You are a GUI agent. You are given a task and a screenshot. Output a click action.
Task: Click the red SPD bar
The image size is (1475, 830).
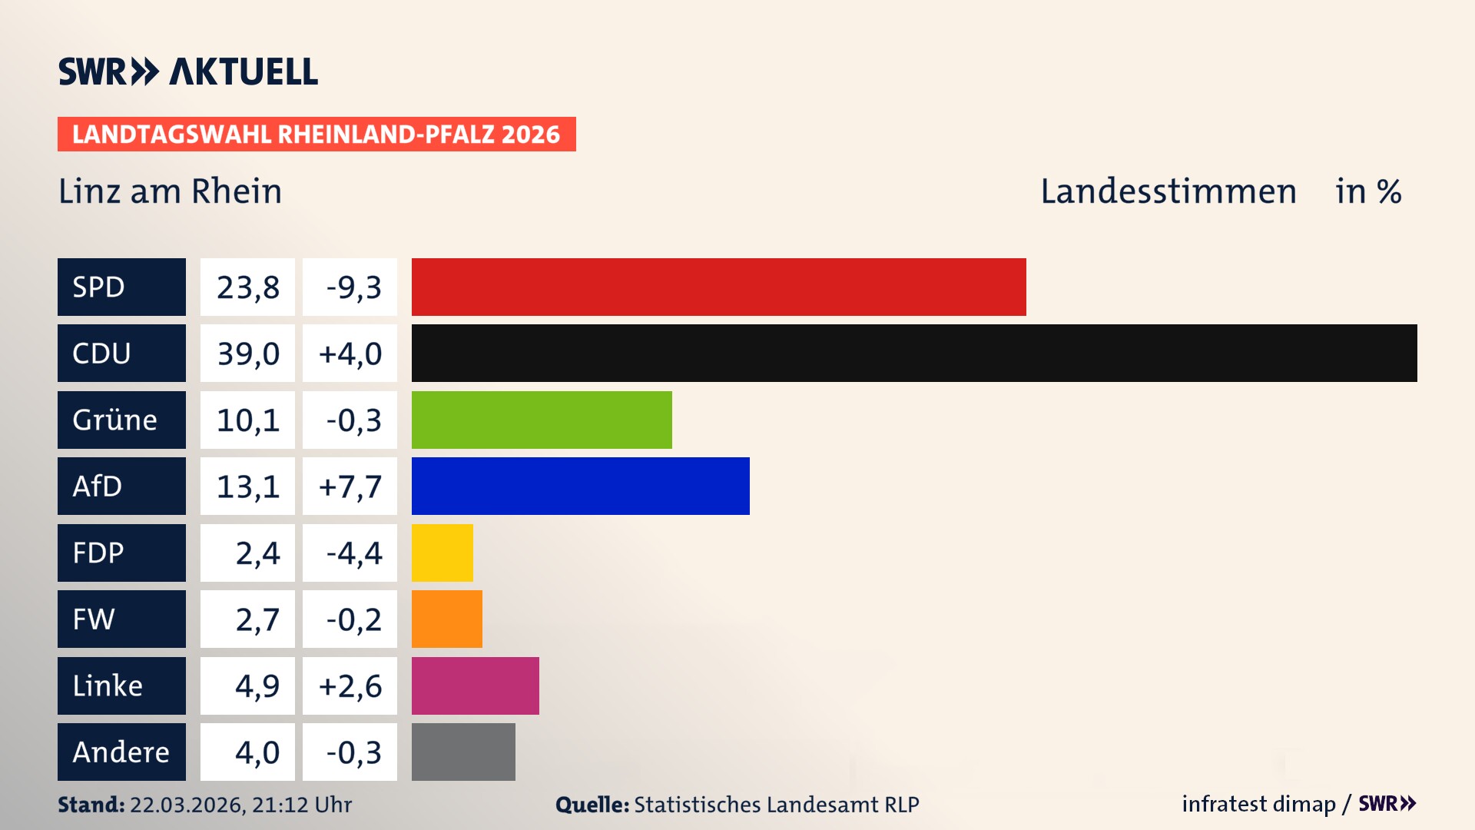718,287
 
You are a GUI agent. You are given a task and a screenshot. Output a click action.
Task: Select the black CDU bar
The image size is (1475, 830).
914,353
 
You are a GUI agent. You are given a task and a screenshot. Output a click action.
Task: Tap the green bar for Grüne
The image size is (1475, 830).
542,420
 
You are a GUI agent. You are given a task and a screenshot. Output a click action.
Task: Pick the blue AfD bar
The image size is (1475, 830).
580,486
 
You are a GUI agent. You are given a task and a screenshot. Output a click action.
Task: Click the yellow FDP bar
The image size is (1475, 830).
442,553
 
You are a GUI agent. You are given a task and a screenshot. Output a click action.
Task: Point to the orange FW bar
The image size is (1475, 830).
446,619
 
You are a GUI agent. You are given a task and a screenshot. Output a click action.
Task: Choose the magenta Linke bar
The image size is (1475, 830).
475,686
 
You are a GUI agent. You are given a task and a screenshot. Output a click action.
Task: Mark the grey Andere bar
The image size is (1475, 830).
463,752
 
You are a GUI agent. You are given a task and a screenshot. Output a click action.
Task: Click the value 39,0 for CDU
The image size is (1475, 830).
247,354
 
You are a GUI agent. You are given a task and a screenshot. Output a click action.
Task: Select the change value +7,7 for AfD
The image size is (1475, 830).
350,486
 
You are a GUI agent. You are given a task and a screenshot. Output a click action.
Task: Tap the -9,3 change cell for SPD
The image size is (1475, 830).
350,287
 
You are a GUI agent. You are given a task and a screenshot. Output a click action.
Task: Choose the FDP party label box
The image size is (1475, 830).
121,553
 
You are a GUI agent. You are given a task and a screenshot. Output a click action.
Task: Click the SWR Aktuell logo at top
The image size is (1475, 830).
187,71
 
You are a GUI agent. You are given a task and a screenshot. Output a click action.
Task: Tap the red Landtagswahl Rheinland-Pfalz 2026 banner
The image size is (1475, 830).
316,134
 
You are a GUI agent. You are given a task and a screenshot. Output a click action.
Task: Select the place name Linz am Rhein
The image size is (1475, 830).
170,191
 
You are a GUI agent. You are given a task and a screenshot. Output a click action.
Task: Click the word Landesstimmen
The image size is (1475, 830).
1168,191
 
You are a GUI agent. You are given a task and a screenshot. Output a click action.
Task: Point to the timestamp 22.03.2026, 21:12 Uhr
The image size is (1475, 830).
240,805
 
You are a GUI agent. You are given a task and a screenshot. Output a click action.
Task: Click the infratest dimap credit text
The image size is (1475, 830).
1258,804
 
